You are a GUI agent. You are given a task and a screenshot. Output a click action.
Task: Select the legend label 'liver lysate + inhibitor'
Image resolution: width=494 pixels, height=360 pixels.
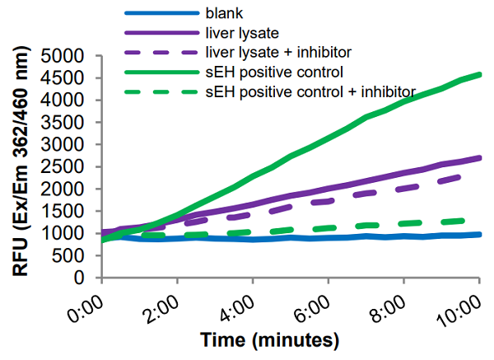[x=267, y=51]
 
